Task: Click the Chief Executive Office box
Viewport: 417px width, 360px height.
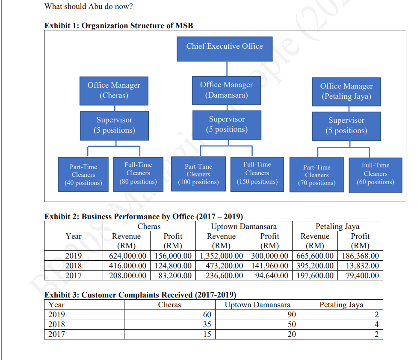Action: pyautogui.click(x=225, y=46)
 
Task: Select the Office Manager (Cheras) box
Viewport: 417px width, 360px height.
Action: pyautogui.click(x=114, y=90)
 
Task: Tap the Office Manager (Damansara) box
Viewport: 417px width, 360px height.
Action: pyautogui.click(x=226, y=90)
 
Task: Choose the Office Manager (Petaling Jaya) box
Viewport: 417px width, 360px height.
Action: pyautogui.click(x=346, y=91)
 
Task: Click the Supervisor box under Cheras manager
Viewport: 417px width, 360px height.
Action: pyautogui.click(x=114, y=125)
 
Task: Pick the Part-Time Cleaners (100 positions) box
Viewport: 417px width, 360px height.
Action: pyautogui.click(x=198, y=174)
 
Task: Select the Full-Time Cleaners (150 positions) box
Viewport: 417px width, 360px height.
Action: pyautogui.click(x=257, y=173)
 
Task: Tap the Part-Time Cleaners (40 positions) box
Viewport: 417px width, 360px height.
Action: pyautogui.click(x=83, y=175)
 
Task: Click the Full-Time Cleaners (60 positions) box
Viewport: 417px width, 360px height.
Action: pyautogui.click(x=376, y=174)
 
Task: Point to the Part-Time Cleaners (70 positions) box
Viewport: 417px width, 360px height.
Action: pyautogui.click(x=316, y=175)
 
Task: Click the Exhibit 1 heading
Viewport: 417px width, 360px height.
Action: pyautogui.click(x=119, y=26)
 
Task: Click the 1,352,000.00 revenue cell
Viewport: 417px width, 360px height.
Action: pyautogui.click(x=221, y=256)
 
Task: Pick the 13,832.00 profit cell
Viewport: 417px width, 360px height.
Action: pyautogui.click(x=361, y=265)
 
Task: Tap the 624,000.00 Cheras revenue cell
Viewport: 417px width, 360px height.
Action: pyautogui.click(x=126, y=256)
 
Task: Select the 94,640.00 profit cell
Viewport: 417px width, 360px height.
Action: pyautogui.click(x=270, y=275)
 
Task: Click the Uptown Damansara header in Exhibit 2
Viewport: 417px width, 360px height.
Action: pyautogui.click(x=244, y=226)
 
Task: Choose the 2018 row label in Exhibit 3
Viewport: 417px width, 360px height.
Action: pyautogui.click(x=57, y=324)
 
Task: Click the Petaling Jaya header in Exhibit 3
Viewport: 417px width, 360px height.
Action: pyautogui.click(x=341, y=305)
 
